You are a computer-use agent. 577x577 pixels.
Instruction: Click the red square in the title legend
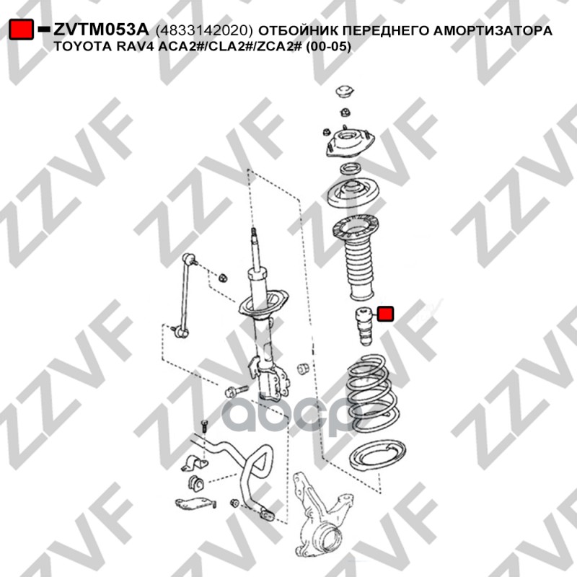[22, 30]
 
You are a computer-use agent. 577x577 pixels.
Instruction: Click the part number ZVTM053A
[101, 30]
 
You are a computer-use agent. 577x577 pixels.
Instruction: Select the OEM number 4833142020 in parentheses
[205, 30]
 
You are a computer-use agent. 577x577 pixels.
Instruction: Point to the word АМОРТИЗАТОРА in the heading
[493, 30]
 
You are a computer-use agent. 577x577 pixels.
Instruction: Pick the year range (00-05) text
[329, 47]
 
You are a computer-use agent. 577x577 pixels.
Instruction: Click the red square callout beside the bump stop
[386, 314]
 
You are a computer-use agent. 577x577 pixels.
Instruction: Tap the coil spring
[372, 393]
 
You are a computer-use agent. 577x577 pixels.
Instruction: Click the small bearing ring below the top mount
[350, 169]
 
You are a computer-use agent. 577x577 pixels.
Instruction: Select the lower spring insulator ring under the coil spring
[377, 455]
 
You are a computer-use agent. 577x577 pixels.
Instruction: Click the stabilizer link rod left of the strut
[185, 295]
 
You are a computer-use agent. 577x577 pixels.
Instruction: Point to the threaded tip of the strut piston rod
[254, 233]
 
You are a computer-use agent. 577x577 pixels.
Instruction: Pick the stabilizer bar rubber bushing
[195, 484]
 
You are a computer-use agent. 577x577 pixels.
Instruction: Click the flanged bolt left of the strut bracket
[235, 390]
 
